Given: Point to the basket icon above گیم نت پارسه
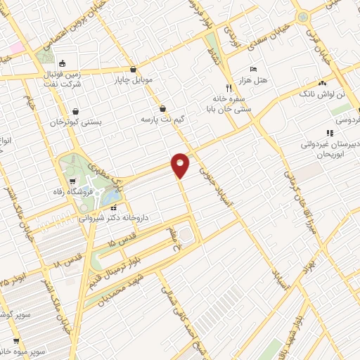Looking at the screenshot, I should pos(163,108).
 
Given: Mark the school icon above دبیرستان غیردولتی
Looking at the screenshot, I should pos(329,133).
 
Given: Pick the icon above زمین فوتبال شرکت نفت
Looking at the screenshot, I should pos(63,61).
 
